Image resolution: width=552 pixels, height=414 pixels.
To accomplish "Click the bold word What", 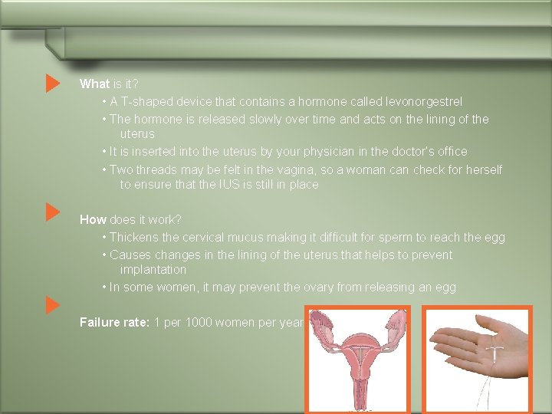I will [x=94, y=84].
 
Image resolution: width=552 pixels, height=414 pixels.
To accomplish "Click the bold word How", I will [x=93, y=219].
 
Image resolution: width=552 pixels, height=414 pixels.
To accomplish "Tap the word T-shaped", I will [x=146, y=101].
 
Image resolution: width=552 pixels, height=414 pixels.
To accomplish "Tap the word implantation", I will [x=153, y=270].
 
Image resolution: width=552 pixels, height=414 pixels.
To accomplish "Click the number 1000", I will [x=198, y=322].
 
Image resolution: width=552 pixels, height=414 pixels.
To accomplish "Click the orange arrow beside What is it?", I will [x=52, y=84].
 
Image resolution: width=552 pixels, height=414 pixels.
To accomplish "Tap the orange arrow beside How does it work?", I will [x=52, y=212].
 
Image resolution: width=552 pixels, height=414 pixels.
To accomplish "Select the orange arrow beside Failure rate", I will [x=52, y=305].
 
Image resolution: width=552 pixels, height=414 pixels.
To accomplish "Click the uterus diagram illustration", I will [x=357, y=360].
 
